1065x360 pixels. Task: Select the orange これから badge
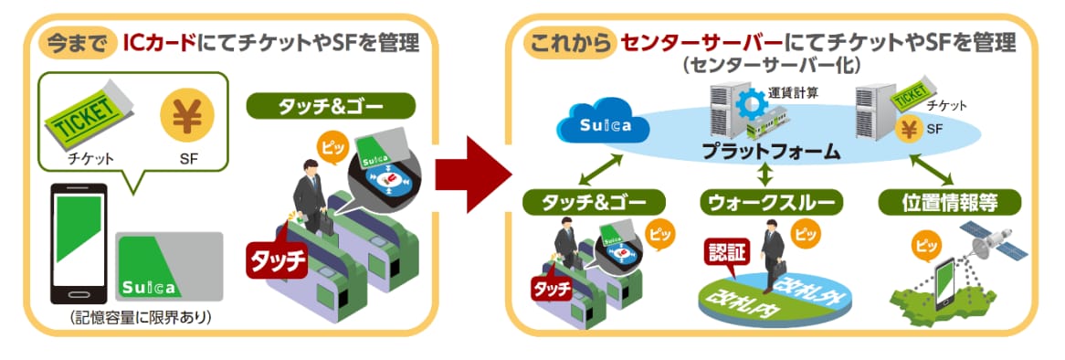569,44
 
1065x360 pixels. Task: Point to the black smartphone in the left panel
79,243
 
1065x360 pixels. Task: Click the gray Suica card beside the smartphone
170,266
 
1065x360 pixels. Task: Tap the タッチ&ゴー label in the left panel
331,107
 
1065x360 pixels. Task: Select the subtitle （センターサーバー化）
772,66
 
